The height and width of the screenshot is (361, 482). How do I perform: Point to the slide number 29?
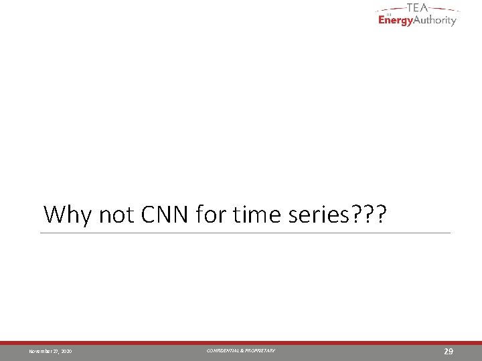point(450,351)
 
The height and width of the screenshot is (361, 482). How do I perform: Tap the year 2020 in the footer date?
point(67,352)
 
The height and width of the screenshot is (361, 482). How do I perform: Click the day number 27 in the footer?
point(56,352)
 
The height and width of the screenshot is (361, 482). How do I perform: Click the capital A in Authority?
point(419,19)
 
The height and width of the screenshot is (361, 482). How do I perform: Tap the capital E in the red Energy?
point(382,19)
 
